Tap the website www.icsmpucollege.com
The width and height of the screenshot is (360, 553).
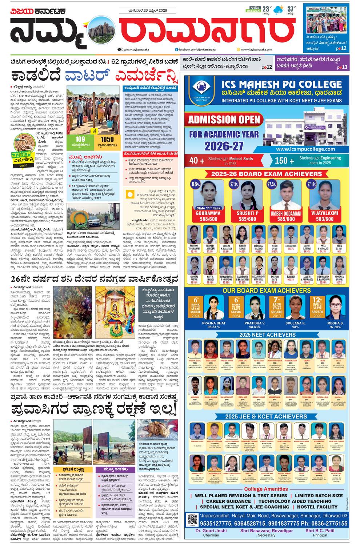tap(305, 149)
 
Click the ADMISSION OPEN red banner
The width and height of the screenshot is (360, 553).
tap(224, 120)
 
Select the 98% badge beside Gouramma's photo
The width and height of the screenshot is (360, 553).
tap(196, 184)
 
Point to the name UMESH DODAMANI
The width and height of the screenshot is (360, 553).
tap(286, 213)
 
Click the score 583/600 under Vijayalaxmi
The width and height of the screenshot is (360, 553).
tap(324, 219)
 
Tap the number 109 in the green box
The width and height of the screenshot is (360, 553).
tap(80, 139)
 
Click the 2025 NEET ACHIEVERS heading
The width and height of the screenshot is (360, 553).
tap(267, 334)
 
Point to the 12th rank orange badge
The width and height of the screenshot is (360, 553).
tap(317, 305)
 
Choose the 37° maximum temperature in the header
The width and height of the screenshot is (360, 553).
tap(291, 9)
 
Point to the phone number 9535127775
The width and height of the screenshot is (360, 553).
tap(217, 523)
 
